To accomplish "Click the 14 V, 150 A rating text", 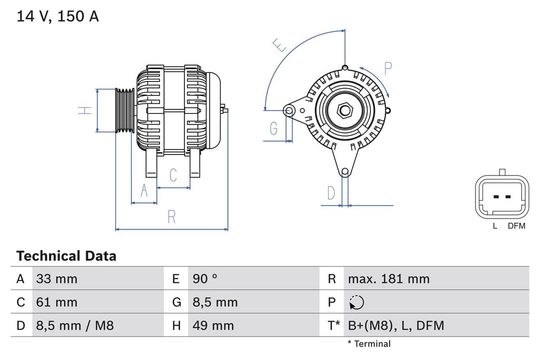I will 58,16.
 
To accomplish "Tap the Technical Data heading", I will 66,256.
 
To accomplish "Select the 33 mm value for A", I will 56,279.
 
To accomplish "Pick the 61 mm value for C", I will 56,302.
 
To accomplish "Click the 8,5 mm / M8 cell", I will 74,326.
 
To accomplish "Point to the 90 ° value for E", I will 205,279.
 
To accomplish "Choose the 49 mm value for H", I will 213,326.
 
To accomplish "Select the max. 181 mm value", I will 388,279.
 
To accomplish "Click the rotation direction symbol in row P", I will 356,302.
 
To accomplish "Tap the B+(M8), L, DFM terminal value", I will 395,326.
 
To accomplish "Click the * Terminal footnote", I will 369,344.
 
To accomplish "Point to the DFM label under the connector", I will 516,226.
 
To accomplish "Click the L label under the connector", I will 495,226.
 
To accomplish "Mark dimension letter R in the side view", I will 171,217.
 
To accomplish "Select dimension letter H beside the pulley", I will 85,110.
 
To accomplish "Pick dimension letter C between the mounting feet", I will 173,175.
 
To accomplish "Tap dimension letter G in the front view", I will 273,129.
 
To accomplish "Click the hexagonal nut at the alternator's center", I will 344,109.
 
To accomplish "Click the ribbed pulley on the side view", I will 124,110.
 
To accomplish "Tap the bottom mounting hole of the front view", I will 344,172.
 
